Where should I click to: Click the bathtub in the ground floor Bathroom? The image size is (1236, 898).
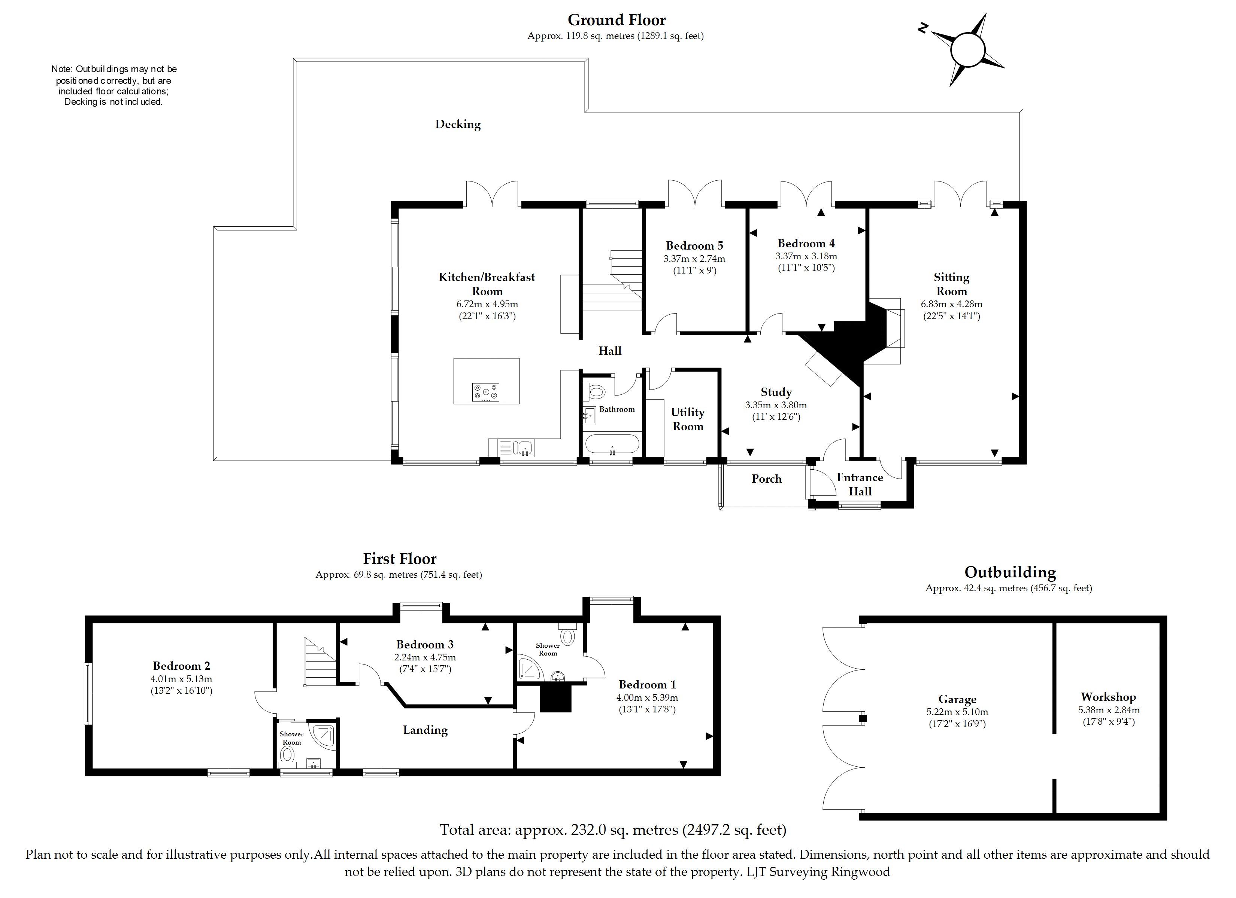point(612,444)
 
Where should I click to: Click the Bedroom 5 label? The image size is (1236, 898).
point(694,245)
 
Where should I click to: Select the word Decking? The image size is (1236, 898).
point(458,124)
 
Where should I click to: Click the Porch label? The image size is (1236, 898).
point(766,479)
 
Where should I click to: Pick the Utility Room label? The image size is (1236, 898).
point(688,419)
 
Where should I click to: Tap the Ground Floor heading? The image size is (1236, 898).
point(617,20)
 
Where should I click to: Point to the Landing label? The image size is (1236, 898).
point(425,730)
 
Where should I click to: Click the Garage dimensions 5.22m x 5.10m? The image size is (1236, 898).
point(957,712)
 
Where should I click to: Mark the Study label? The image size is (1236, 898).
point(776,392)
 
